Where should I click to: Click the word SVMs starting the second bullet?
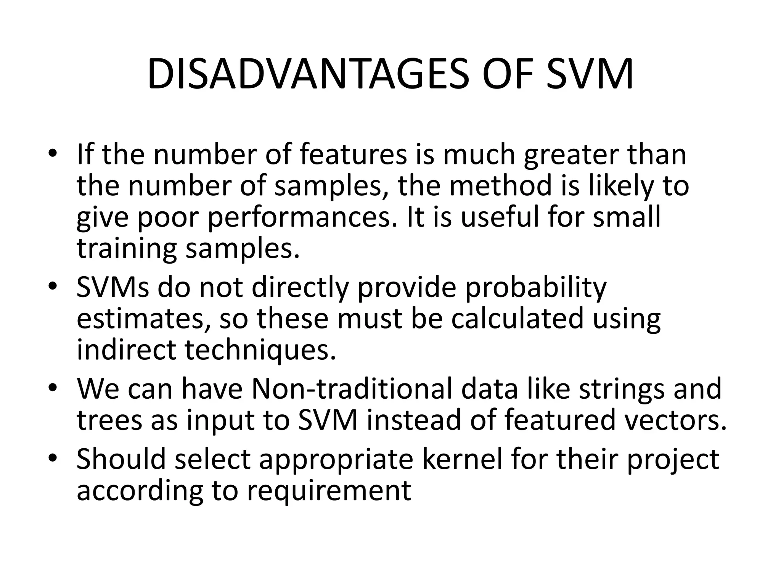113,287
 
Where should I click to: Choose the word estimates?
145,319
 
